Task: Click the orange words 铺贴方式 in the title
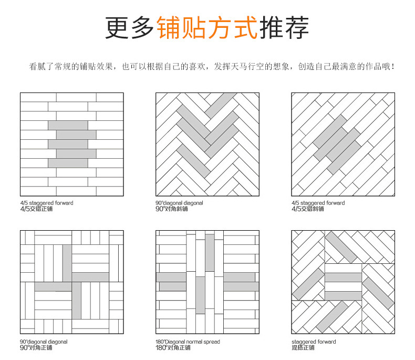click(207, 27)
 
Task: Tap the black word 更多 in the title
click(130, 27)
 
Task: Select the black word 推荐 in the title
click(284, 27)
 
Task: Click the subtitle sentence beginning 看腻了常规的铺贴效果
click(212, 67)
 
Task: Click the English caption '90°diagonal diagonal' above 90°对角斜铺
click(179, 203)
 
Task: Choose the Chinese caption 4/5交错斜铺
click(308, 209)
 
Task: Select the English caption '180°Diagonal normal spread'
click(188, 342)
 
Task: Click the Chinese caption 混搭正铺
click(303, 347)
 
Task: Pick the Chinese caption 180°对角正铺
click(173, 347)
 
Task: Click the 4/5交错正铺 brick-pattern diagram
click(71, 144)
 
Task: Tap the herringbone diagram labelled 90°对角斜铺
click(207, 144)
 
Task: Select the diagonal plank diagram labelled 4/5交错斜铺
click(343, 144)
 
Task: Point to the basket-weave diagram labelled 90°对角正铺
click(71, 282)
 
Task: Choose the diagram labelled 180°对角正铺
click(207, 282)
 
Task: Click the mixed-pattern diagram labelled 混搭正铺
click(343, 282)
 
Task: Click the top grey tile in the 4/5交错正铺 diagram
click(68, 125)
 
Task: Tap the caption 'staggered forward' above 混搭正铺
click(314, 342)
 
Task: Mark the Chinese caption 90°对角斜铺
click(172, 209)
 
